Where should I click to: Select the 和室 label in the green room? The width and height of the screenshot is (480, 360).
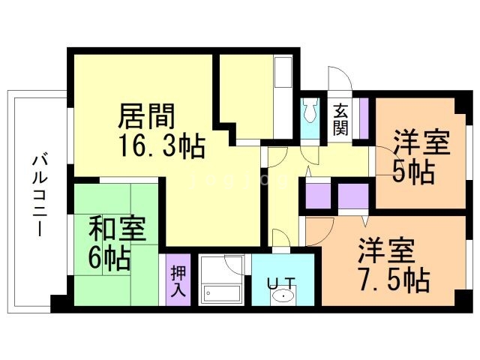117,227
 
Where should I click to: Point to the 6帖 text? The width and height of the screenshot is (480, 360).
110,257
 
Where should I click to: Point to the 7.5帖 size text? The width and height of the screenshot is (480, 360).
393,280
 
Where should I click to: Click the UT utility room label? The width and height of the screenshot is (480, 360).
282,283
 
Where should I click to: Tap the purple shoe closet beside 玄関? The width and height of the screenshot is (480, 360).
364,117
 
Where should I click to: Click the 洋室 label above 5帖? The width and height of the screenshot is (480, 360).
422,142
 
